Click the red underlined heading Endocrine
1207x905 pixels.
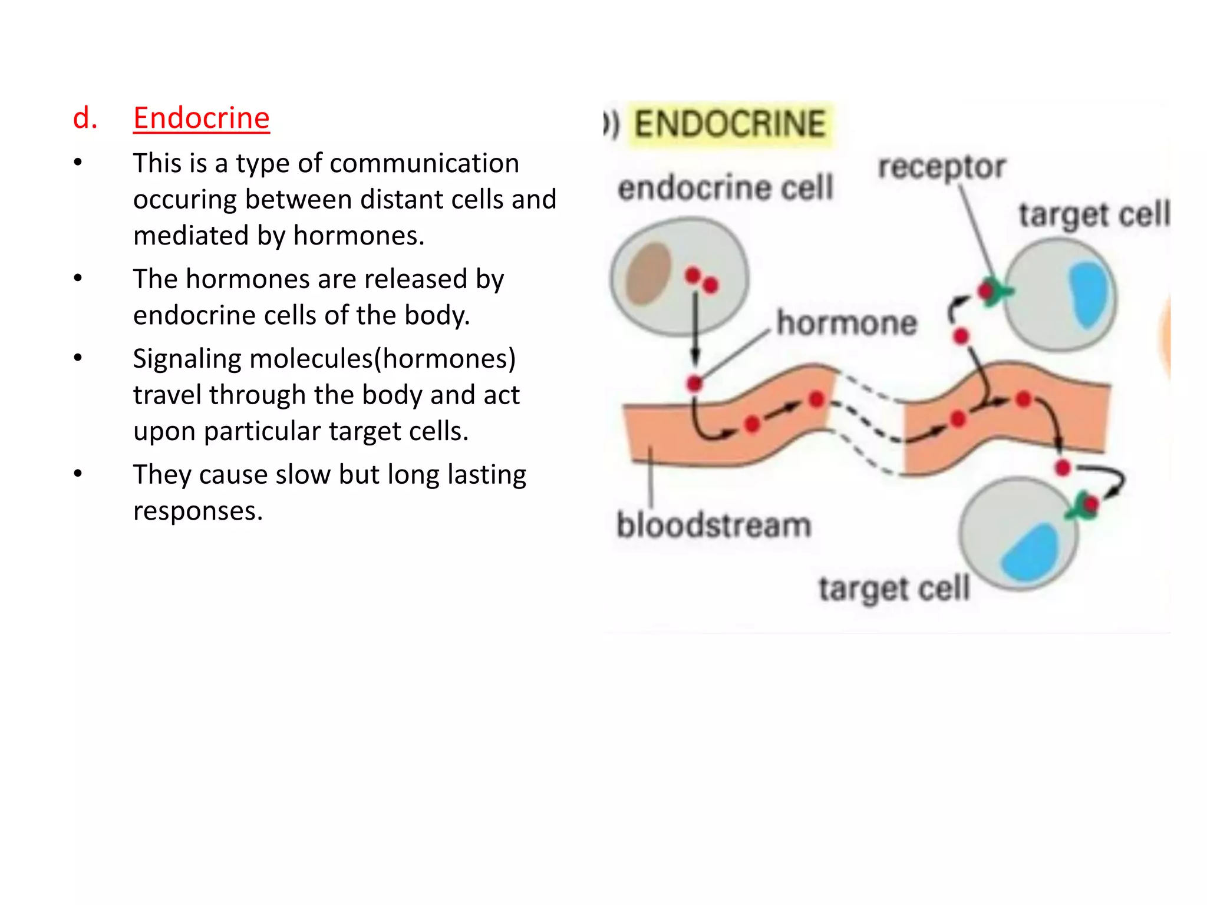pyautogui.click(x=201, y=118)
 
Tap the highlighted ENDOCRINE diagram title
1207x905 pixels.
pyautogui.click(x=730, y=124)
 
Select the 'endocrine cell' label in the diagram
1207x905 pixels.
pyautogui.click(x=725, y=188)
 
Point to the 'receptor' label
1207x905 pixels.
pyautogui.click(x=941, y=167)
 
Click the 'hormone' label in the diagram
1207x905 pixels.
pyautogui.click(x=847, y=323)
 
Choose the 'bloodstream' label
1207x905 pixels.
pyautogui.click(x=714, y=525)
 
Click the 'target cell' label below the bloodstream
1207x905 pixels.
pyautogui.click(x=893, y=588)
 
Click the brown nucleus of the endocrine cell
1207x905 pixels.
pyautogui.click(x=649, y=273)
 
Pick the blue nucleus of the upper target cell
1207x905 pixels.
pyautogui.click(x=1089, y=293)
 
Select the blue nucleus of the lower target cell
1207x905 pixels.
pyautogui.click(x=1031, y=553)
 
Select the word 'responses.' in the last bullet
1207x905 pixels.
pyautogui.click(x=197, y=511)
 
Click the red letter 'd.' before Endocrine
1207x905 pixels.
pyautogui.click(x=85, y=118)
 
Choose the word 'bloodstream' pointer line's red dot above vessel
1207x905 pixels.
pyautogui.click(x=695, y=384)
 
